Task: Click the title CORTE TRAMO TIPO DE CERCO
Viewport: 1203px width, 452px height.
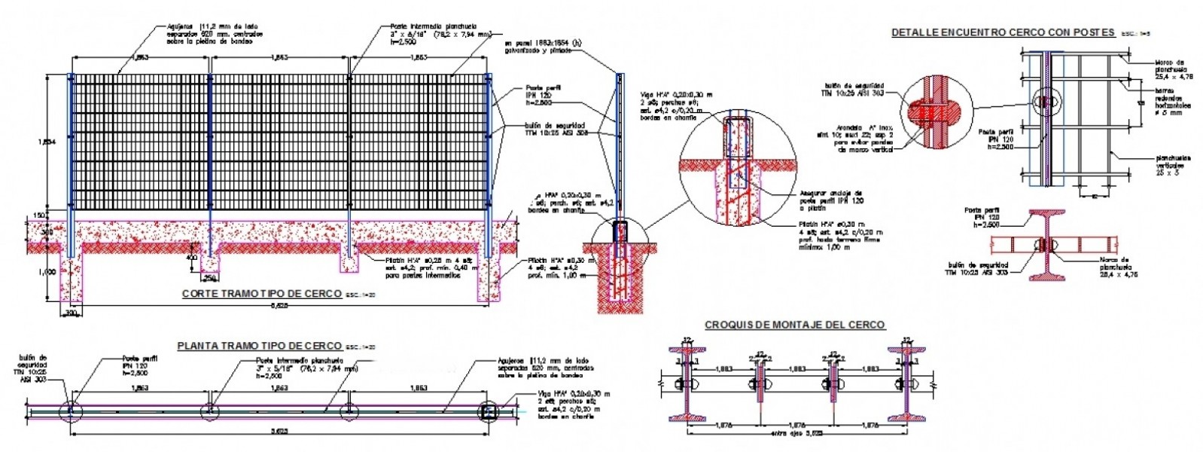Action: point(261,294)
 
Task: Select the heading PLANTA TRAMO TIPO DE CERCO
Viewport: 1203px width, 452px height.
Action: point(258,346)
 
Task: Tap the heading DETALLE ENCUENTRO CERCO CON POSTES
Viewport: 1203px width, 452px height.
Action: point(1003,32)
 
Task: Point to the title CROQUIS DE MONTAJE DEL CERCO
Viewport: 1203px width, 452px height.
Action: point(794,325)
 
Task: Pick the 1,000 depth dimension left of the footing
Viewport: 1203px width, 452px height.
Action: point(47,272)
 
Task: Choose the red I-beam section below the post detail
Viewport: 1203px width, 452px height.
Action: point(1044,246)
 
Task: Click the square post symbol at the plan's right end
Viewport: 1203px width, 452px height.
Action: point(488,411)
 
